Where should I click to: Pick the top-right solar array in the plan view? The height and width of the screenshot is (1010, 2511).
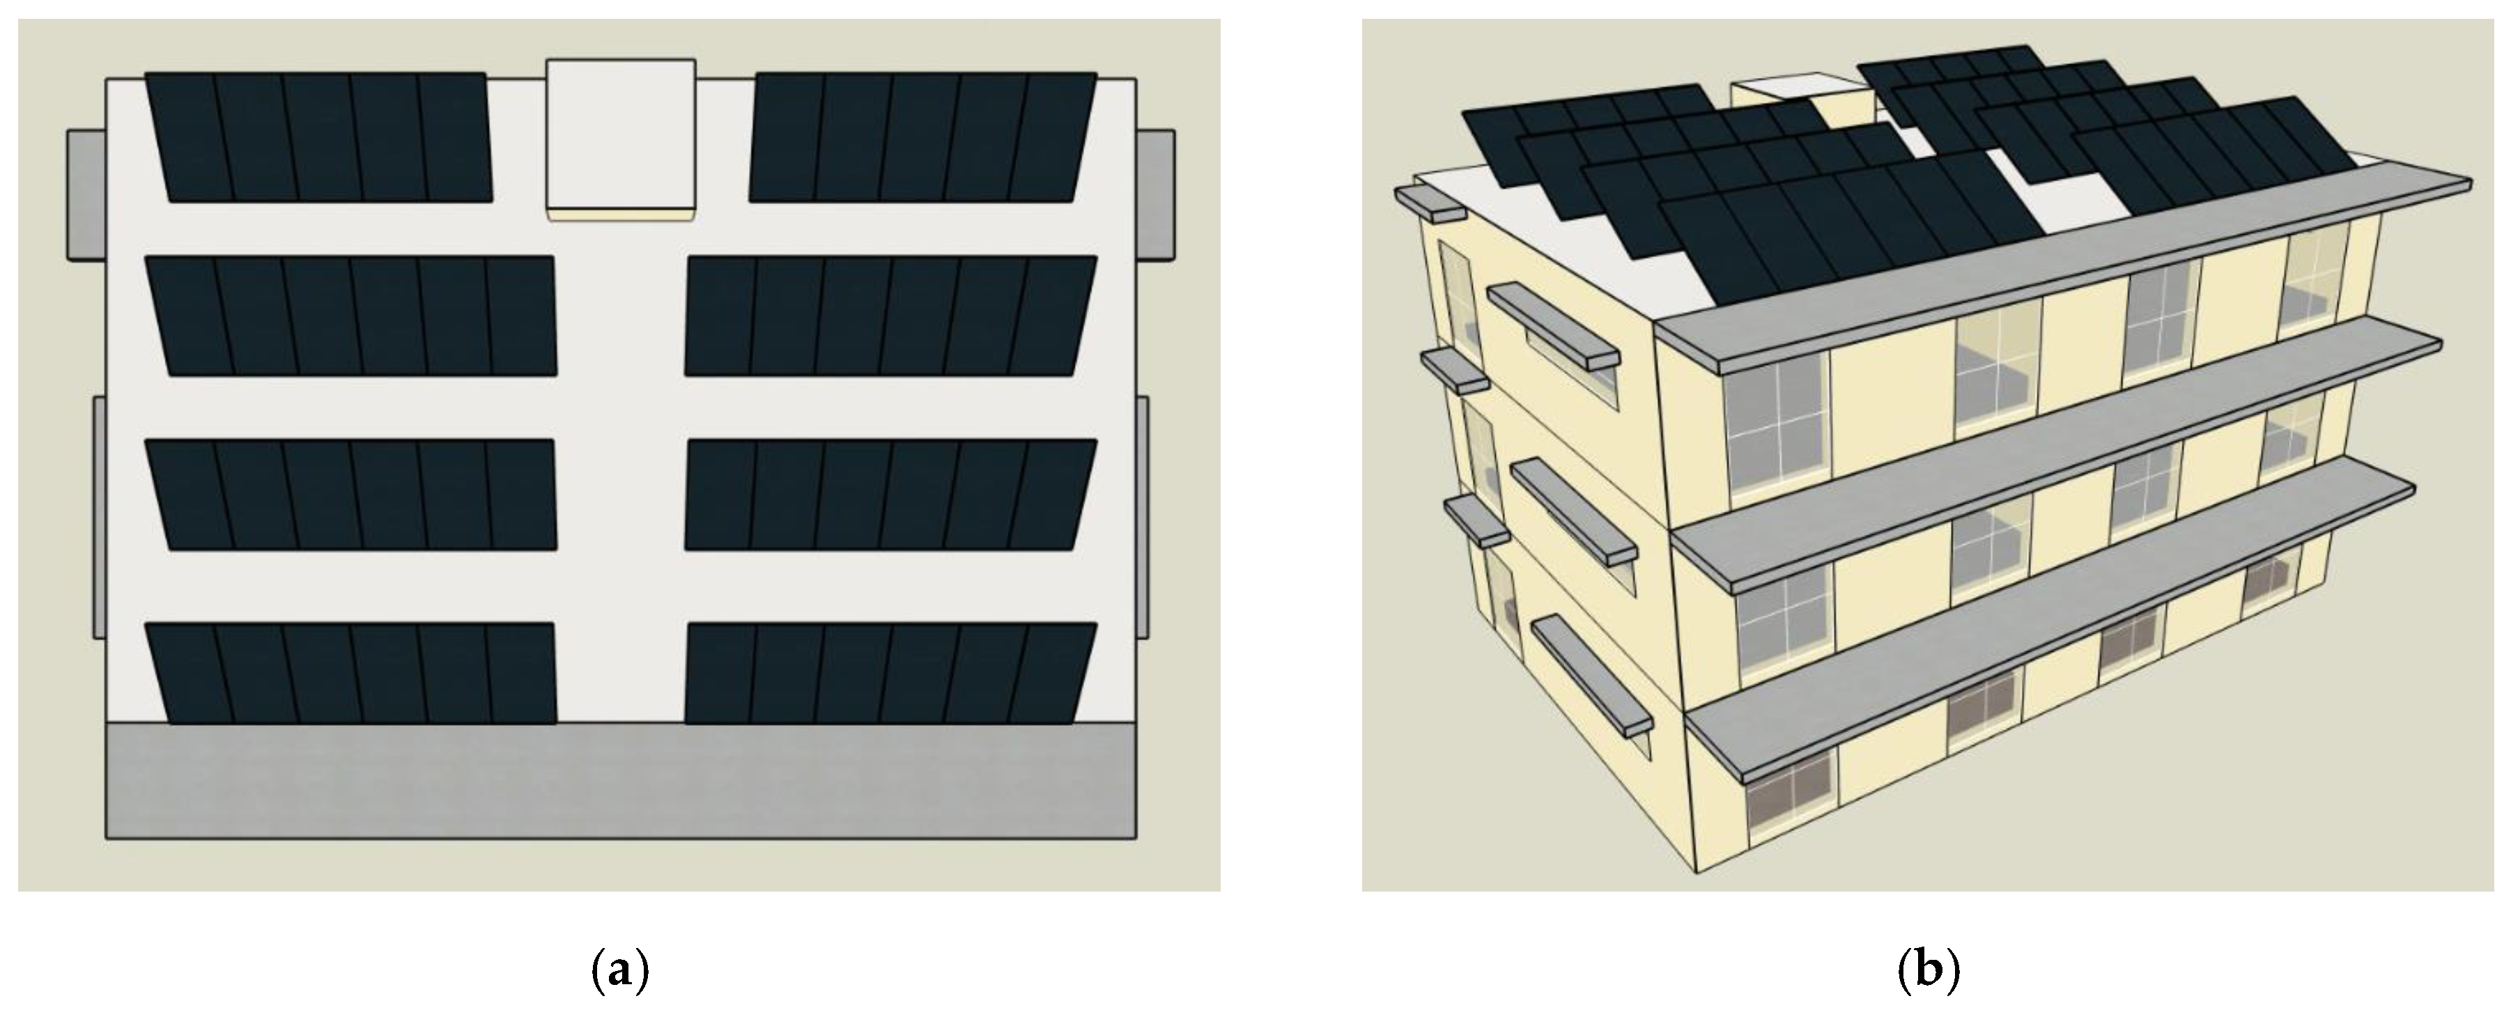click(923, 137)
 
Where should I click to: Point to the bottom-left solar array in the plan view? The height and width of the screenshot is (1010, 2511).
click(352, 674)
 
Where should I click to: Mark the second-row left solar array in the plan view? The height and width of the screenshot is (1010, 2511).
click(352, 316)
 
